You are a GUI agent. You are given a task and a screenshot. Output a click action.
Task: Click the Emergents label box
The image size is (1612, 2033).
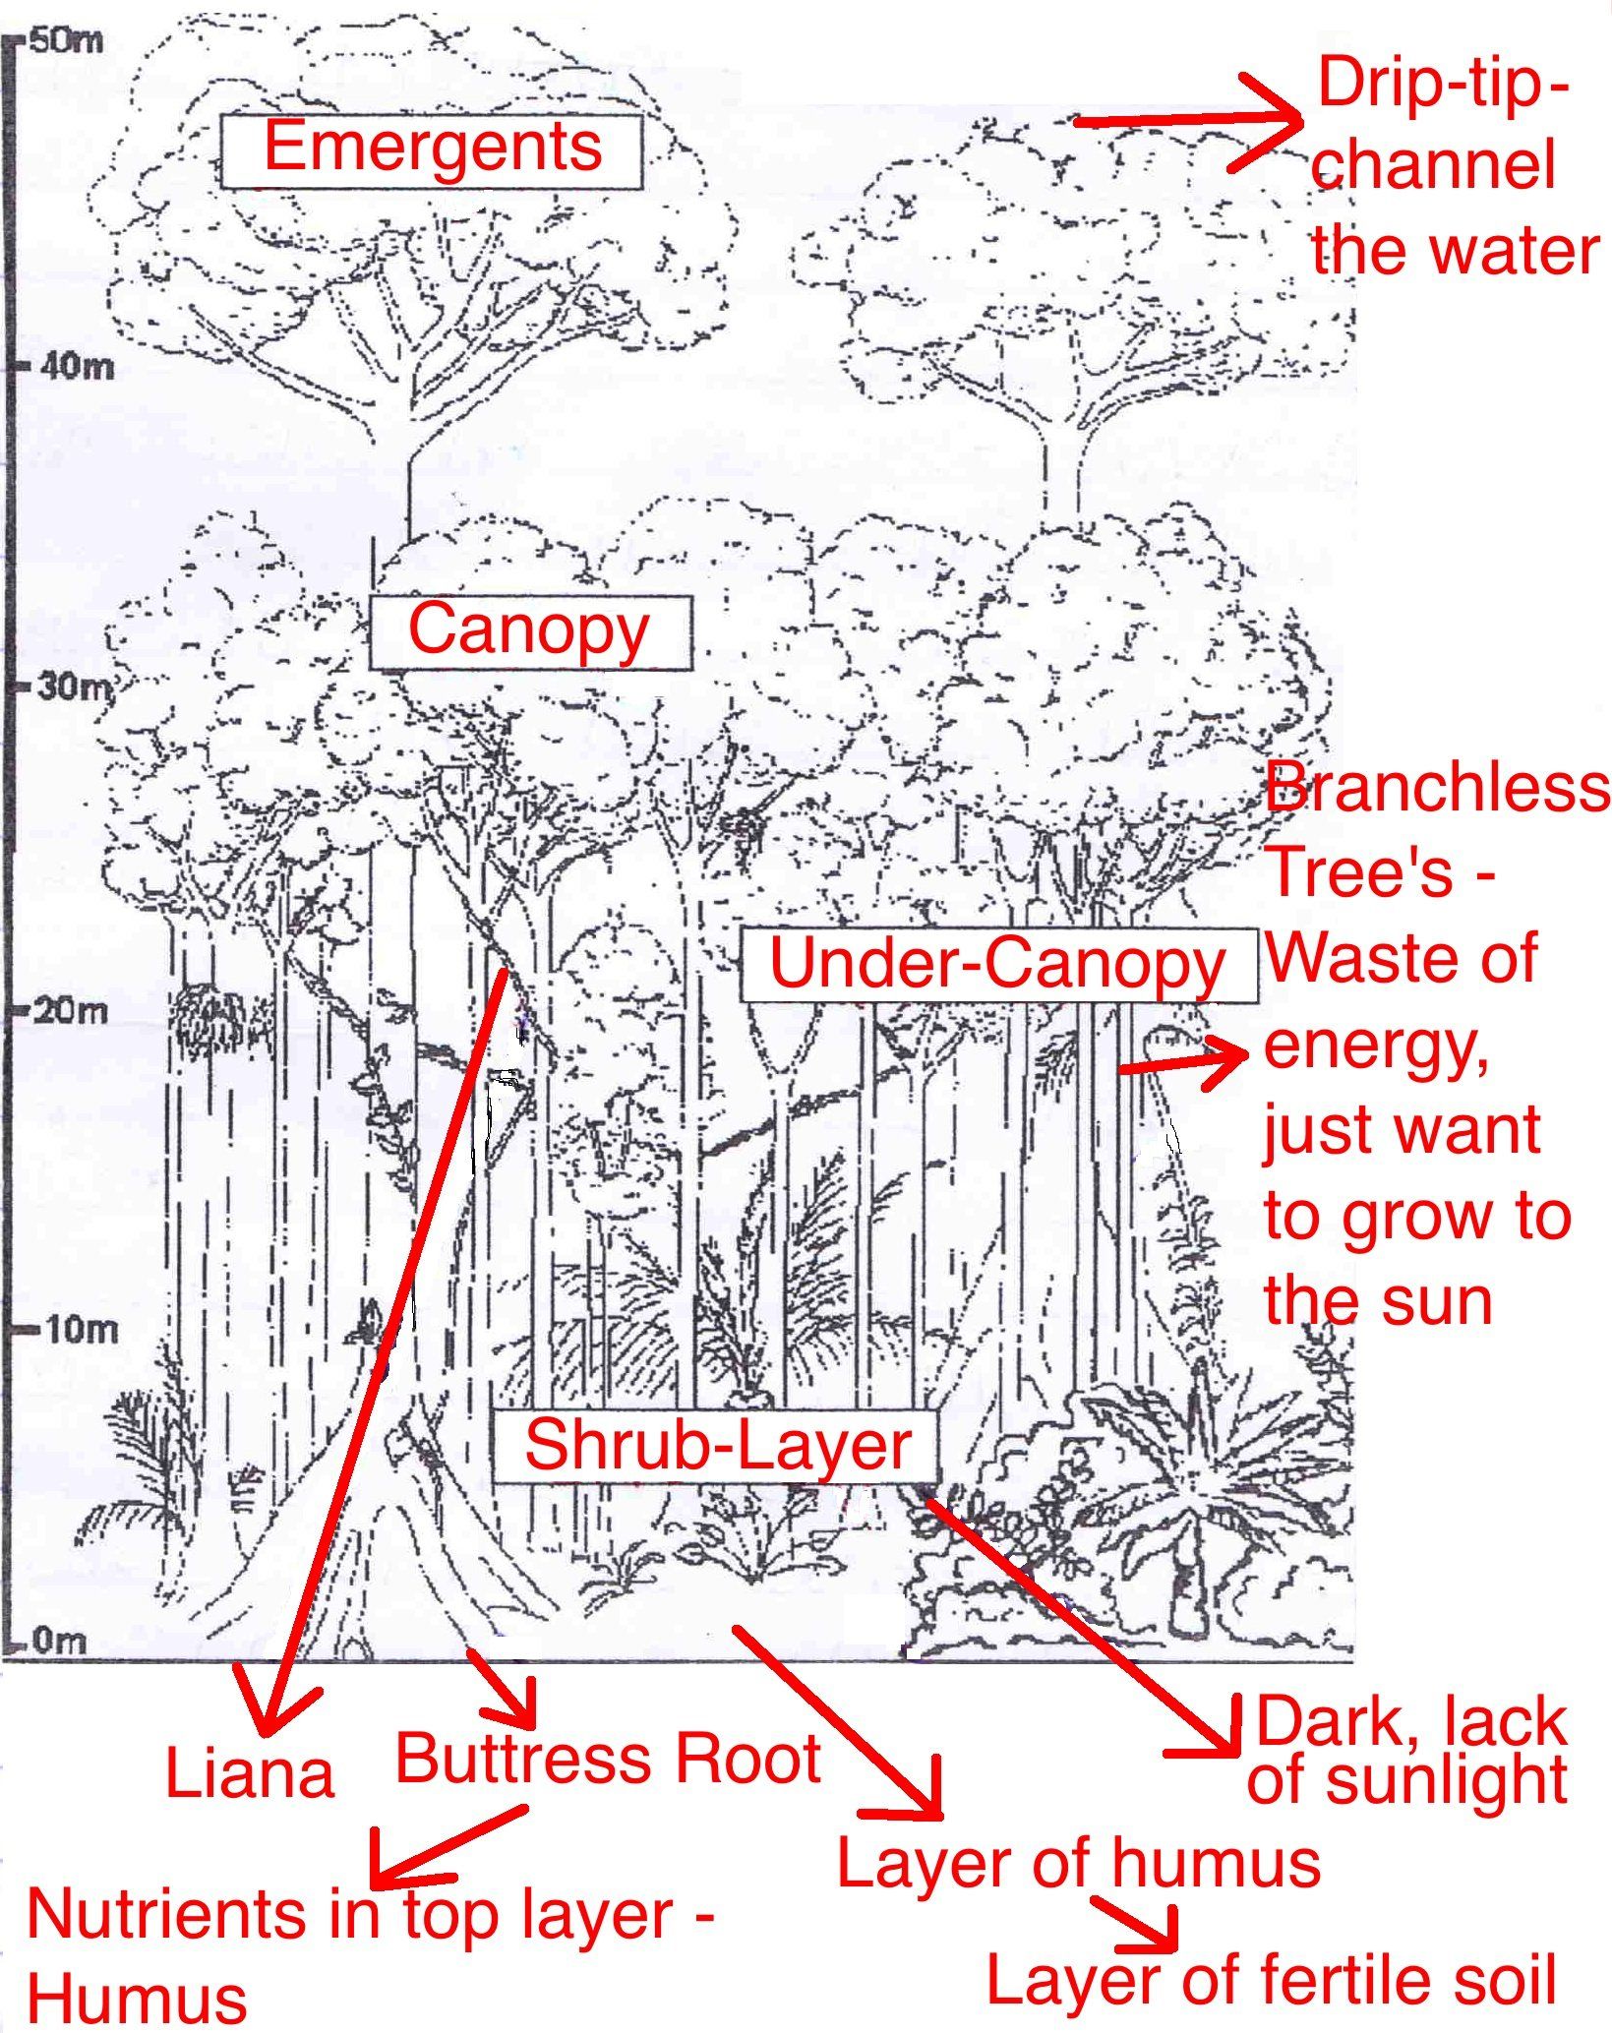[431, 149]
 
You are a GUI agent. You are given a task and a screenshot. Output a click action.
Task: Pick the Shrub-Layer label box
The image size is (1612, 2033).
[716, 1446]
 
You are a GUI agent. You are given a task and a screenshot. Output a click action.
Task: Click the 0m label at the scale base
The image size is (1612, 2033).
[59, 1641]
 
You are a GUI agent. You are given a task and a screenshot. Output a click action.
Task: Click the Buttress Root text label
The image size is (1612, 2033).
[607, 1759]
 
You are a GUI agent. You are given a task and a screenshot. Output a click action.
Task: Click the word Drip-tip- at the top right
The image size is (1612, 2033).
[1442, 84]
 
